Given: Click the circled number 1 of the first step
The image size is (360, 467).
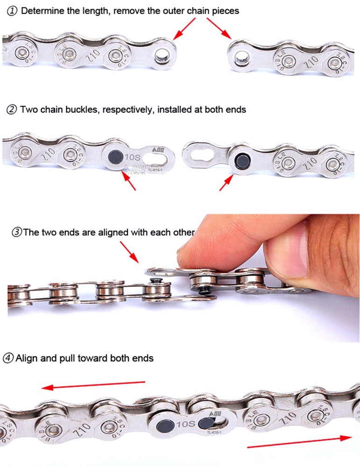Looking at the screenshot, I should pyautogui.click(x=13, y=11).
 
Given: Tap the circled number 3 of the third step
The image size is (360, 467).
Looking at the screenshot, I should pyautogui.click(x=17, y=233).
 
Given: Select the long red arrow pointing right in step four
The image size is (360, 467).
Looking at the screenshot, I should pyautogui.click(x=299, y=442).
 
